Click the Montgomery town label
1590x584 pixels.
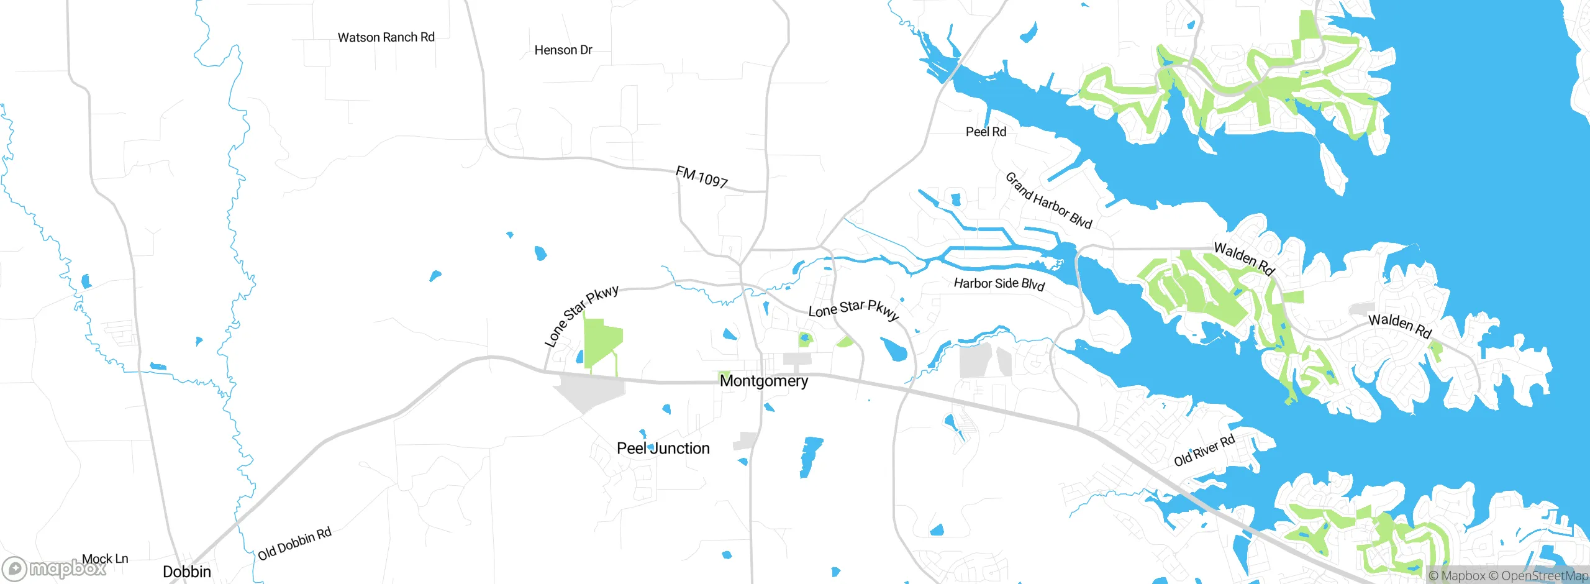(763, 381)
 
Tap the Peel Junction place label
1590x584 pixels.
(663, 449)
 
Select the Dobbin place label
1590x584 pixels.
(186, 572)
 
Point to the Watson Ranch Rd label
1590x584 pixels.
(386, 37)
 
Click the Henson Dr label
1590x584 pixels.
(563, 50)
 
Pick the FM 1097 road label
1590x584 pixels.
(701, 177)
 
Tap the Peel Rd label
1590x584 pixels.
(986, 132)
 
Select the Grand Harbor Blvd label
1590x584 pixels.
(1048, 201)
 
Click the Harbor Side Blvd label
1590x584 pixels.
(999, 284)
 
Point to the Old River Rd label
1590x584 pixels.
(1204, 451)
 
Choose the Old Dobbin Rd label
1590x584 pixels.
(294, 544)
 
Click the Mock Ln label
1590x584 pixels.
(105, 559)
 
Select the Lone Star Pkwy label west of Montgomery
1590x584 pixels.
(581, 316)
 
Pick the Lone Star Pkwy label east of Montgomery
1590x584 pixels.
(853, 309)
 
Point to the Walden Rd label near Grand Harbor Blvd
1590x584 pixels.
(1243, 258)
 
